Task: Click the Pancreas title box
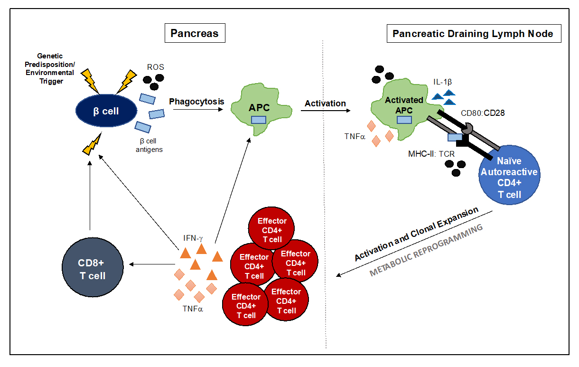(x=195, y=33)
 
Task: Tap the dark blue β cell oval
(x=105, y=111)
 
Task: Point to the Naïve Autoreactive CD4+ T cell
(x=508, y=178)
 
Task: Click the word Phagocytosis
(x=196, y=101)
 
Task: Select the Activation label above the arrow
(x=325, y=103)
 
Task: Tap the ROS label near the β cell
(x=155, y=67)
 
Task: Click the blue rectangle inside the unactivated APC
(x=259, y=120)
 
